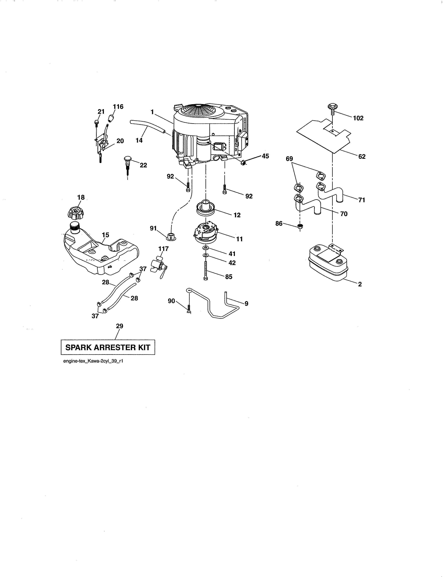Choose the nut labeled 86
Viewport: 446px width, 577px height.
(x=300, y=226)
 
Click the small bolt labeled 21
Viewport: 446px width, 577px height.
(x=96, y=122)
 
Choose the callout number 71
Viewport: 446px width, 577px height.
(x=362, y=200)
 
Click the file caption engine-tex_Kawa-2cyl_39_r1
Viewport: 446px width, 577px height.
(x=93, y=361)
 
